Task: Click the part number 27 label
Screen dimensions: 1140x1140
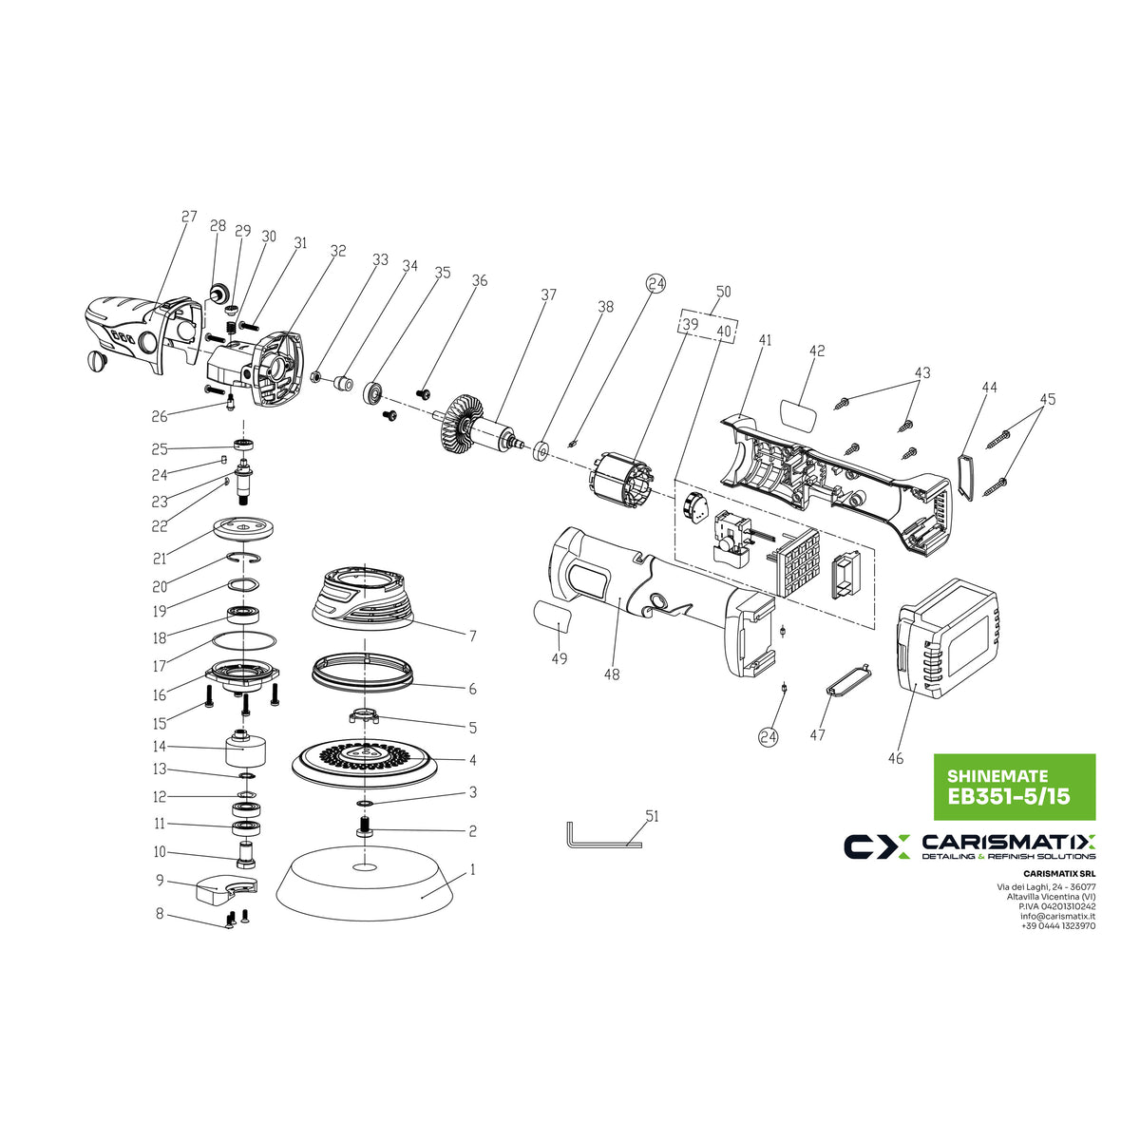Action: click(x=189, y=217)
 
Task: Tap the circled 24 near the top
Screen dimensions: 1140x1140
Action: click(x=655, y=284)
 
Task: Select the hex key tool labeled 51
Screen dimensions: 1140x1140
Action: click(x=603, y=835)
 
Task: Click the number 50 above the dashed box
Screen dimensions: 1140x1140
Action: click(x=723, y=292)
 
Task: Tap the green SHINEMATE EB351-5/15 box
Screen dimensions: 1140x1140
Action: click(x=1014, y=787)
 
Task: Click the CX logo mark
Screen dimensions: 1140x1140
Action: click(x=877, y=846)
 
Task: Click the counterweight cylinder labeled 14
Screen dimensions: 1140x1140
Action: click(x=245, y=750)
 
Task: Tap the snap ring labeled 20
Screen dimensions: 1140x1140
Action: click(x=244, y=557)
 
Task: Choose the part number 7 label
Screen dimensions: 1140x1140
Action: click(x=473, y=636)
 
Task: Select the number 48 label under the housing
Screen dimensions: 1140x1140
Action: click(x=612, y=674)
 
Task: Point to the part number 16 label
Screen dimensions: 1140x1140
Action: click(x=160, y=695)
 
